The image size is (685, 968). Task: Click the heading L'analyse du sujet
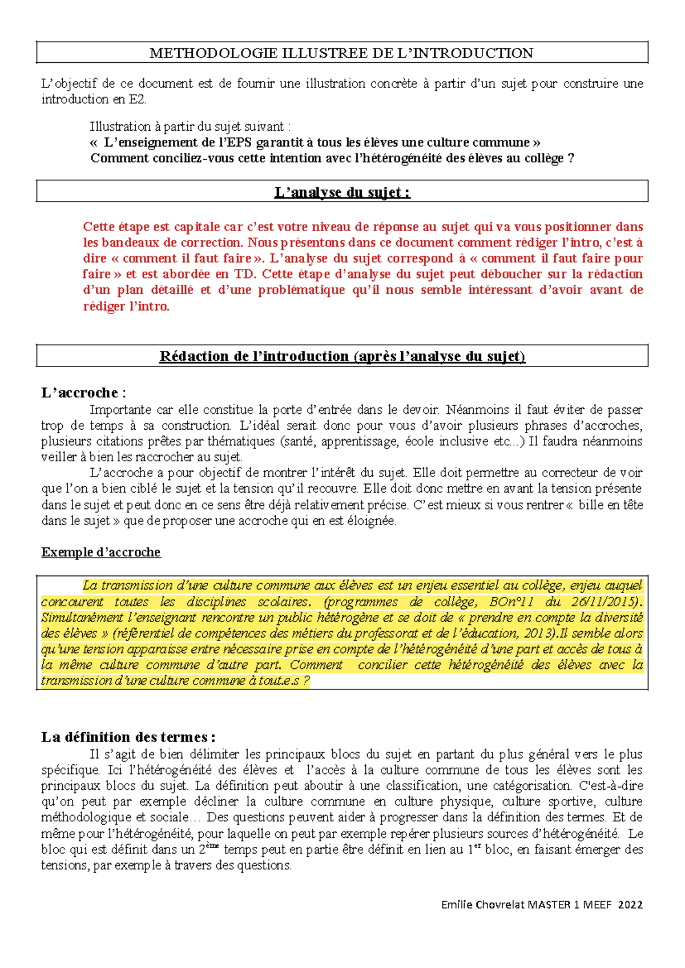[x=342, y=192]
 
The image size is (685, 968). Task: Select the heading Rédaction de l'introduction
[x=342, y=356]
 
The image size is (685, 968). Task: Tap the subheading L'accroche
[x=80, y=393]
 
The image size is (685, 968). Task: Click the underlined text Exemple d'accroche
[x=101, y=552]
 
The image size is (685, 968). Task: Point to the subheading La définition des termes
[x=127, y=737]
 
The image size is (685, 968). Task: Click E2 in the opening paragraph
[x=137, y=99]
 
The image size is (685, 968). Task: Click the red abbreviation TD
[x=244, y=274]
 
